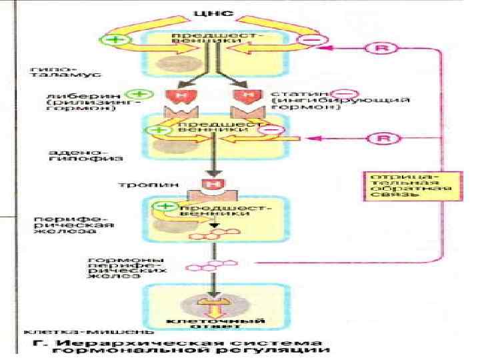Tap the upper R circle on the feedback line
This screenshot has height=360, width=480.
[x=379, y=49]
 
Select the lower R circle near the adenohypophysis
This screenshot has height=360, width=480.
[x=379, y=138]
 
